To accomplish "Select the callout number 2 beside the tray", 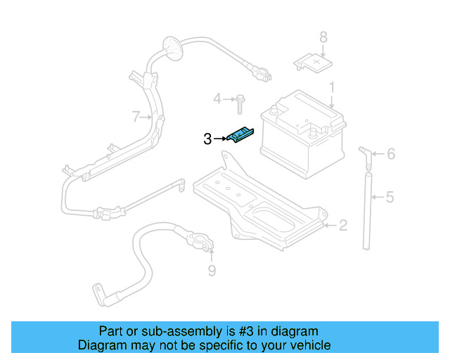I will pos(342,226).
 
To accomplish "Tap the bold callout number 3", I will pos(207,139).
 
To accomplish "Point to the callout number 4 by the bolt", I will pos(217,98).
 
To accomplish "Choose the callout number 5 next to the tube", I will pos(390,198).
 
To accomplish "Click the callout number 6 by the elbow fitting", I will pos(391,154).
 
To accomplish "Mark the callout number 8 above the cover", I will pos(323,37).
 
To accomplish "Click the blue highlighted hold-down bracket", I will pos(241,135).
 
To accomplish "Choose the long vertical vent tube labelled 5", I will pos(366,207).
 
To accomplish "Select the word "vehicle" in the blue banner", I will pos(309,345).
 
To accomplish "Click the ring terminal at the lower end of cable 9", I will pos(98,292).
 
